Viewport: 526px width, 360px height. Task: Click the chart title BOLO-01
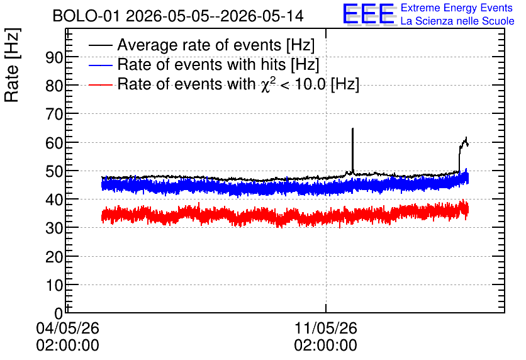click(x=86, y=16)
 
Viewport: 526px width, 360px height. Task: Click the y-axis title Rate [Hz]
click(x=12, y=65)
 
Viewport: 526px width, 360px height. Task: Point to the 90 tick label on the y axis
click(x=54, y=58)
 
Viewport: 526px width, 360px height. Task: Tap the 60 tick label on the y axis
click(x=54, y=143)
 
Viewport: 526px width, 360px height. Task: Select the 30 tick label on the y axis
click(x=54, y=228)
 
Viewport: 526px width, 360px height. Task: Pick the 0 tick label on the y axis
click(x=59, y=313)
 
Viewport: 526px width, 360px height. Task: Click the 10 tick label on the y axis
click(x=54, y=286)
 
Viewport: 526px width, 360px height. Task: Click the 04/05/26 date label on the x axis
click(x=67, y=328)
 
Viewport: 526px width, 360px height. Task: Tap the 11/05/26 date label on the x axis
click(x=325, y=328)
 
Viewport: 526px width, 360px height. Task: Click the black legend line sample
click(x=100, y=45)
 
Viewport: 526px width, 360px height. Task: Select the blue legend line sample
click(x=100, y=65)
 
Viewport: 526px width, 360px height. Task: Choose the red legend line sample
click(x=100, y=84)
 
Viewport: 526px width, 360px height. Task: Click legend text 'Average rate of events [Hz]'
click(x=216, y=45)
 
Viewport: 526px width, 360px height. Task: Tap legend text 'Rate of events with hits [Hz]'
click(x=218, y=65)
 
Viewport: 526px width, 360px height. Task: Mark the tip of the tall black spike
click(x=352, y=128)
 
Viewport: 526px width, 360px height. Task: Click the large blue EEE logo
click(x=369, y=14)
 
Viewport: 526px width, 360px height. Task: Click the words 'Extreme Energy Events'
click(x=457, y=8)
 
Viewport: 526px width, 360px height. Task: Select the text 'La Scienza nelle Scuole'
click(x=457, y=21)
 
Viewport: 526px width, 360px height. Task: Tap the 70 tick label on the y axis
click(x=54, y=115)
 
